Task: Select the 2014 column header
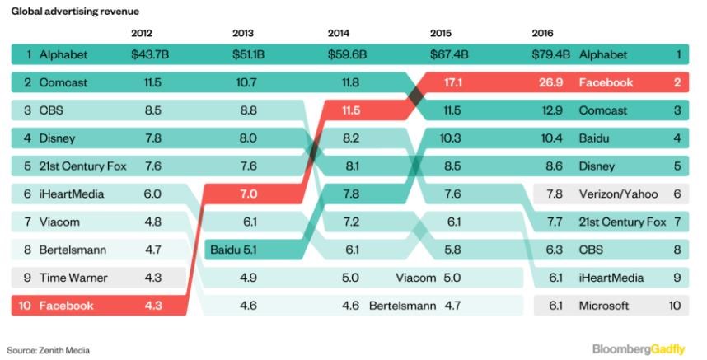click(x=338, y=34)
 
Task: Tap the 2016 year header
click(x=543, y=34)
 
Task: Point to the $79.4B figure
click(x=551, y=55)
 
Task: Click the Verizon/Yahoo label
click(x=620, y=194)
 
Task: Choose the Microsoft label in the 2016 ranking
click(x=604, y=306)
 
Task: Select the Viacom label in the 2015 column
click(x=417, y=278)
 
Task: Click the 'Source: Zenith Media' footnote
click(x=49, y=350)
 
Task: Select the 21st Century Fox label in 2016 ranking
click(x=622, y=222)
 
